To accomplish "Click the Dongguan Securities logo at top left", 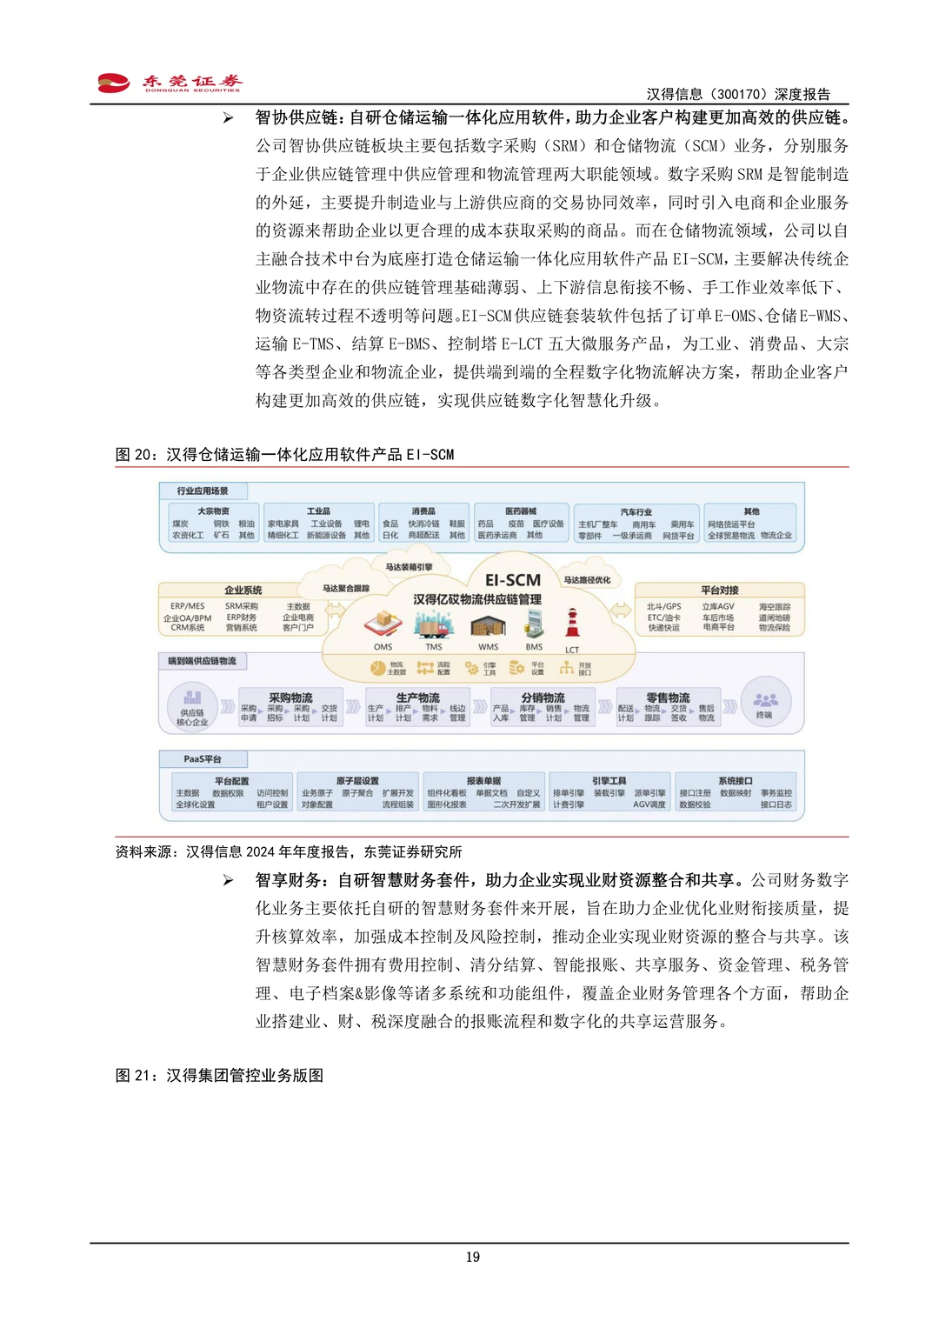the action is pyautogui.click(x=169, y=83).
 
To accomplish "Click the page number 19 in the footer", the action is pyautogui.click(x=472, y=1257).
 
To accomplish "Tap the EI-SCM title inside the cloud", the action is pyautogui.click(x=513, y=580).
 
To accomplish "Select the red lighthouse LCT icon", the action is pyautogui.click(x=572, y=624).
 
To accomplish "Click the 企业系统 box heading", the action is pyautogui.click(x=243, y=590).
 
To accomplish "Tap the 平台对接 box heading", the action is pyautogui.click(x=719, y=590).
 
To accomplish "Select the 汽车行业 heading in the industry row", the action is pyautogui.click(x=636, y=512).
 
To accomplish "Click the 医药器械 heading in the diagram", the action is pyautogui.click(x=520, y=511).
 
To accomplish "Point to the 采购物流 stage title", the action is pyautogui.click(x=290, y=697).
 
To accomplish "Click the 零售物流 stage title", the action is pyautogui.click(x=668, y=697).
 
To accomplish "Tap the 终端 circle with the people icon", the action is pyautogui.click(x=765, y=703).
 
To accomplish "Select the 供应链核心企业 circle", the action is pyautogui.click(x=192, y=705).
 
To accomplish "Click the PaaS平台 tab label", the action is pyautogui.click(x=202, y=759).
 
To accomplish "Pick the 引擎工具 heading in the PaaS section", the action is pyautogui.click(x=609, y=781).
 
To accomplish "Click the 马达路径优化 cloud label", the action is pyautogui.click(x=587, y=580).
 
